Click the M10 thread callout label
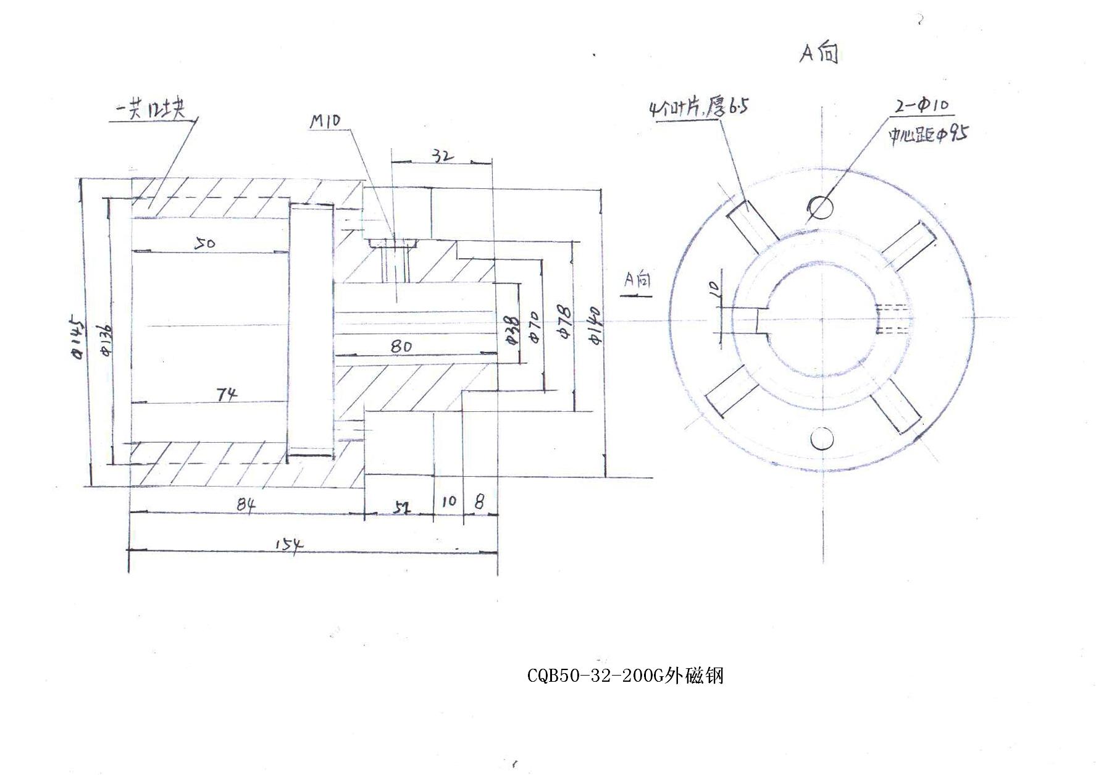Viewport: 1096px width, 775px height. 325,120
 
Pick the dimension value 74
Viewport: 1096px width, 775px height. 227,394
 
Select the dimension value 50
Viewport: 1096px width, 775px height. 205,244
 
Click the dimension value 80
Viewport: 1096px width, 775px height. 401,346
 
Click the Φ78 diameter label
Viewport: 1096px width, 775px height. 564,322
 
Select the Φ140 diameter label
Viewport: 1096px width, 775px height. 597,327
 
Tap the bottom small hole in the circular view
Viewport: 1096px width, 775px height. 822,439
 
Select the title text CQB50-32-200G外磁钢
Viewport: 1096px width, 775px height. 625,676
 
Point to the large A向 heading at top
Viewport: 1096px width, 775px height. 819,54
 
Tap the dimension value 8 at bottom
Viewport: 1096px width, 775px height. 479,501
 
